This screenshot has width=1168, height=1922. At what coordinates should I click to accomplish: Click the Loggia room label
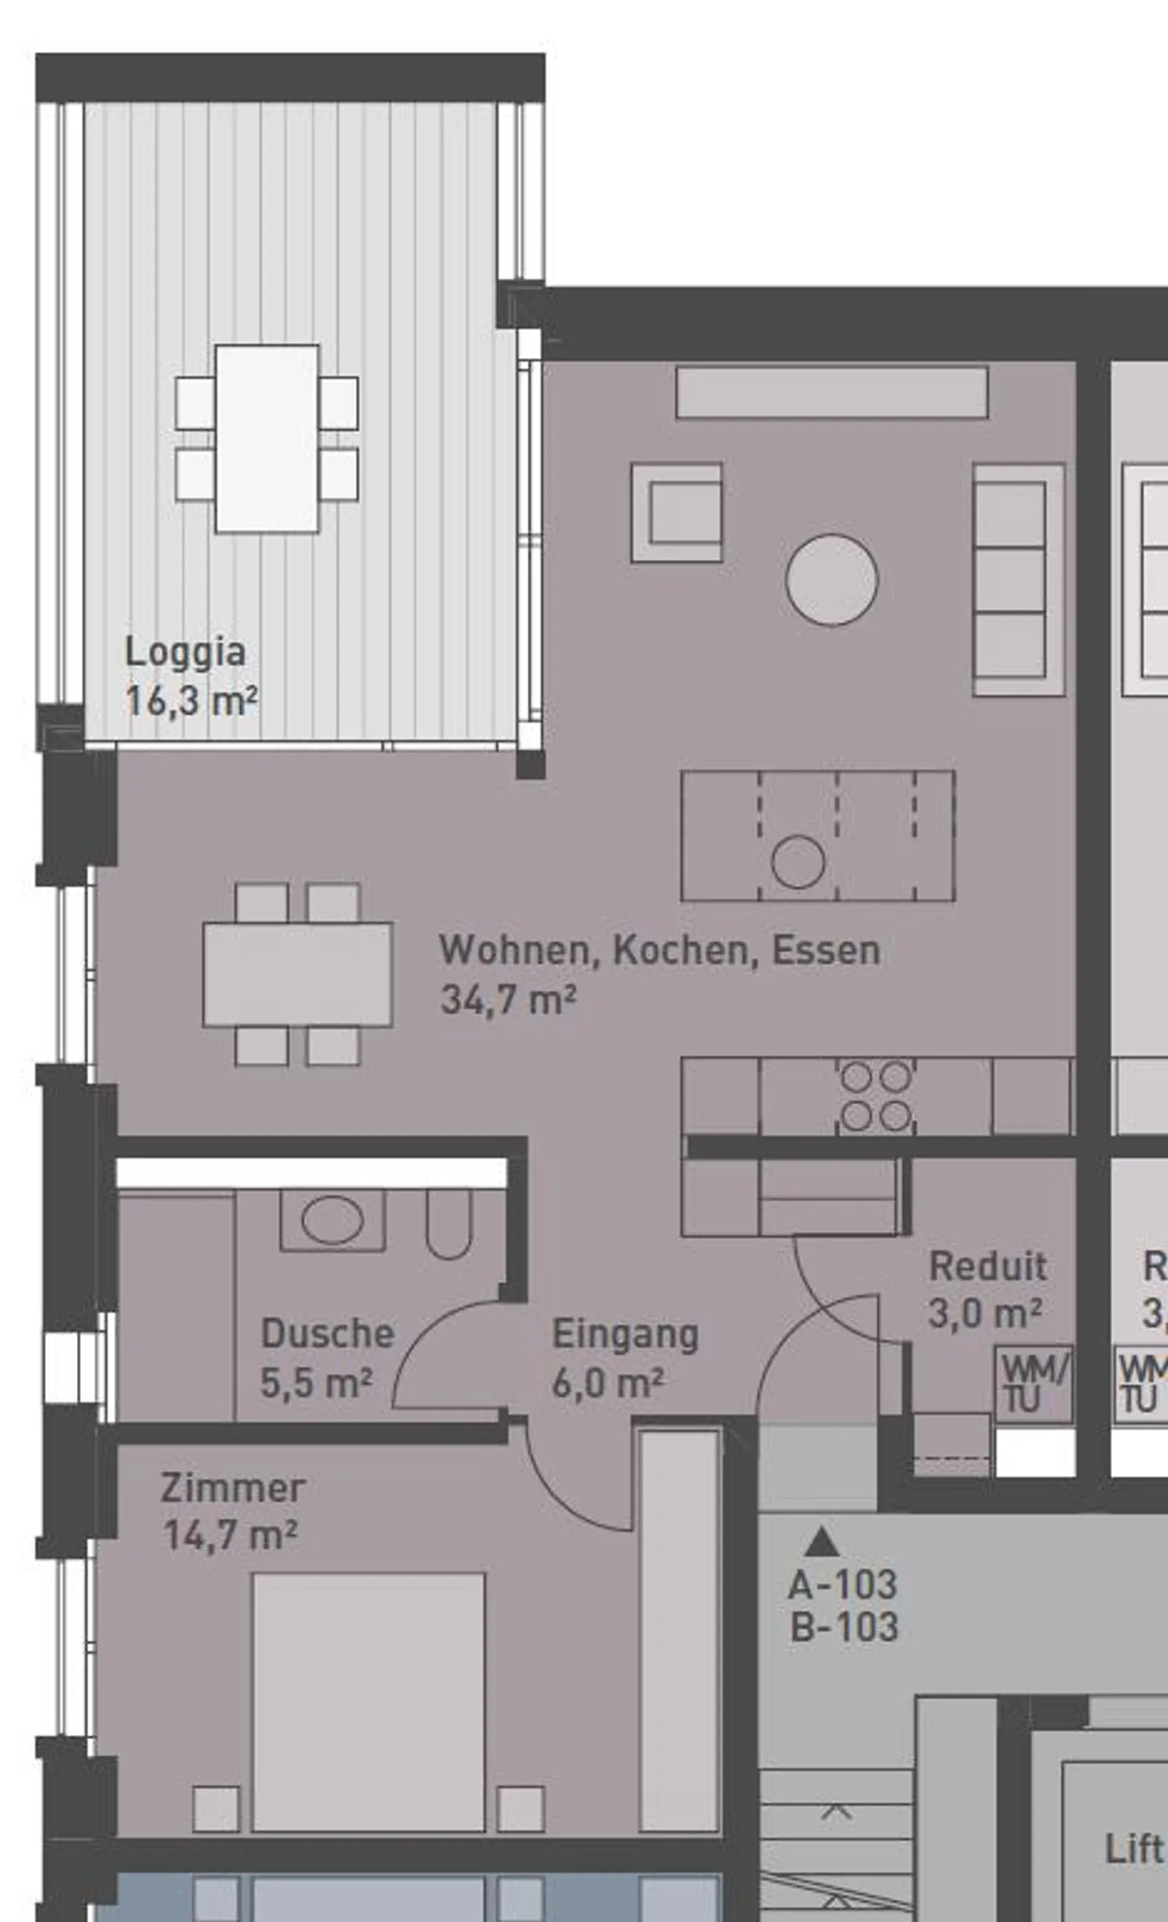[185, 653]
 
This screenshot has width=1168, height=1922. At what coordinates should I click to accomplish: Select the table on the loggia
[267, 439]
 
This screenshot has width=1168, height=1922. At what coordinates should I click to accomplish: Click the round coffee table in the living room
[831, 580]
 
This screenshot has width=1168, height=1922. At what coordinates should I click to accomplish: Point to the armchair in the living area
[677, 513]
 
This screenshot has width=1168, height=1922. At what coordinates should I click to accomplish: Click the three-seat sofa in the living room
[1018, 579]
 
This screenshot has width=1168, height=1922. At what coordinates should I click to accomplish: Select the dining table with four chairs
[298, 974]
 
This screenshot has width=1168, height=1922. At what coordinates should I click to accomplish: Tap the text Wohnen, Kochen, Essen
[659, 950]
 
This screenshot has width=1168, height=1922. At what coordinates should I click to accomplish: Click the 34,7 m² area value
[508, 1000]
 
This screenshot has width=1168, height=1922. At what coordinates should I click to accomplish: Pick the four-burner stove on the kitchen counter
[875, 1096]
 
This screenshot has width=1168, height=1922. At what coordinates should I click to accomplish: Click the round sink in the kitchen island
[798, 861]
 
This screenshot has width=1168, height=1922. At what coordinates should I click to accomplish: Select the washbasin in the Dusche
[332, 1220]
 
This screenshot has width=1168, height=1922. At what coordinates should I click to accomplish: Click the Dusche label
[328, 1334]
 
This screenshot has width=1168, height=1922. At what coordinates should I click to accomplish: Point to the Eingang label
[625, 1334]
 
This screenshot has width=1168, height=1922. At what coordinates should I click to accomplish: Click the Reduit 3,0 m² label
[986, 1289]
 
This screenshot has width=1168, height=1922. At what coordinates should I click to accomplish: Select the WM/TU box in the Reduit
[1034, 1384]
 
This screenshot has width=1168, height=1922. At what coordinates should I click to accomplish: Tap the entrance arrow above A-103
[822, 1541]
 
